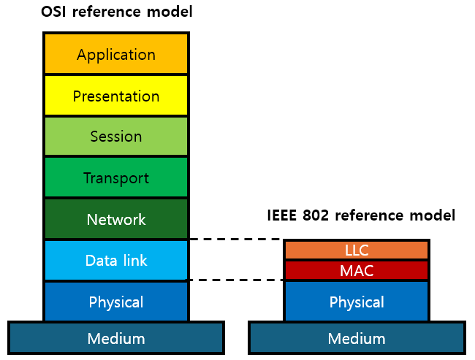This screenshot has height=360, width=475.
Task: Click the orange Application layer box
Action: pos(116,54)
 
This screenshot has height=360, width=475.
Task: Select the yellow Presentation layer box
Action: pos(116,96)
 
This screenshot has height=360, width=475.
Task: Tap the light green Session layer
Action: pos(116,137)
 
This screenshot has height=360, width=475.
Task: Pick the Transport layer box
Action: pos(116,178)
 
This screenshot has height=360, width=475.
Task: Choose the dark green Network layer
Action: pos(116,219)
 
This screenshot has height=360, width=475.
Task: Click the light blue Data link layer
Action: pos(116,261)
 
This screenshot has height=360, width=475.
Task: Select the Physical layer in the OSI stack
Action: pos(116,302)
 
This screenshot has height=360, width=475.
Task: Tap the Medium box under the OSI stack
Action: pos(116,338)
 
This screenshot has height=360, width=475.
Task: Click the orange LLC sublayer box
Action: pos(357,250)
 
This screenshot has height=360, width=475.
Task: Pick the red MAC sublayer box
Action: pos(357,270)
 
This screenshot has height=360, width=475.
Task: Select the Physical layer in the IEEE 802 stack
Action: pos(357,302)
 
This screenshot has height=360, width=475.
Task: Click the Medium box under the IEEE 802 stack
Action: pos(357,338)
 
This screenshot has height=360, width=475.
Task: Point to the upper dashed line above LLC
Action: pos(235,239)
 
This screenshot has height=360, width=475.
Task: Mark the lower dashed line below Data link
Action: pos(235,280)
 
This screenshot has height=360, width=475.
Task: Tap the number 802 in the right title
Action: pos(319,215)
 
